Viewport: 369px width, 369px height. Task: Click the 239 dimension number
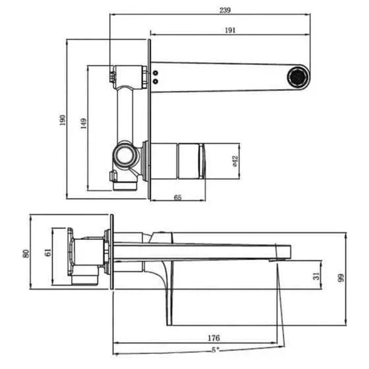(226, 11)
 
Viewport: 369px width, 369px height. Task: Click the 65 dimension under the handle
(177, 199)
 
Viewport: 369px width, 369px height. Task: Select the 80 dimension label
(26, 252)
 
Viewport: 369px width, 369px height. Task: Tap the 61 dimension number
(46, 252)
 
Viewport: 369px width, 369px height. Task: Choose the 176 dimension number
(213, 338)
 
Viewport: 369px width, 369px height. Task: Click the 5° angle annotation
(215, 350)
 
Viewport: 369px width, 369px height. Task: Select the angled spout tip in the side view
(283, 252)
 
